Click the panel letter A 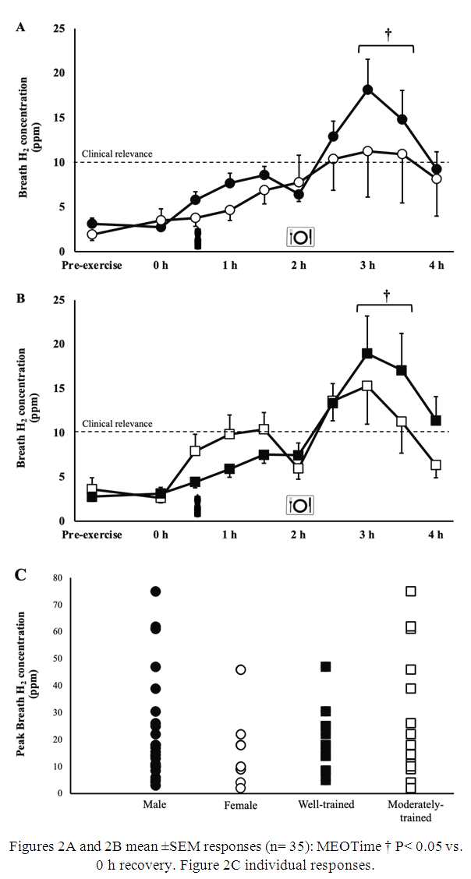point(21,28)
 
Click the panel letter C point(22,575)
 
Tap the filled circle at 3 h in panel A point(367,90)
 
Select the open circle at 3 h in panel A point(367,150)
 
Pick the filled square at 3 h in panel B point(367,353)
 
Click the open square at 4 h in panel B point(436,464)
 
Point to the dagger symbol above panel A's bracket point(388,34)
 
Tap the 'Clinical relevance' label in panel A point(117,154)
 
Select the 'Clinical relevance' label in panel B point(117,424)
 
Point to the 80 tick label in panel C point(57,577)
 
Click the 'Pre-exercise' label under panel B point(93,535)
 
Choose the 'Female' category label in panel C point(241,805)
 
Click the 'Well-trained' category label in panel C point(326,805)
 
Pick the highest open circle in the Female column point(241,669)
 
